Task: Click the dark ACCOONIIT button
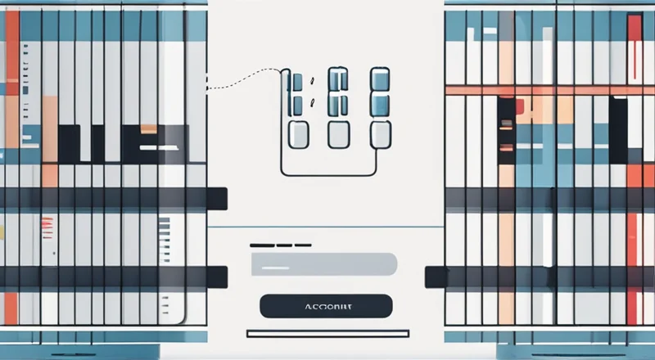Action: pos(326,306)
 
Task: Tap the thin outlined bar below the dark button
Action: pos(326,334)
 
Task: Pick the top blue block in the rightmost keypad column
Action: pos(379,79)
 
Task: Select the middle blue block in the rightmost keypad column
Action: pos(379,104)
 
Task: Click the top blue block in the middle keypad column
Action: pos(339,80)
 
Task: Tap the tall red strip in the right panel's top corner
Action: pos(635,49)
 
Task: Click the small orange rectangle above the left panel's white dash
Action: pos(148,128)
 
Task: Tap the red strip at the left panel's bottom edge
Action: pos(10,306)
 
